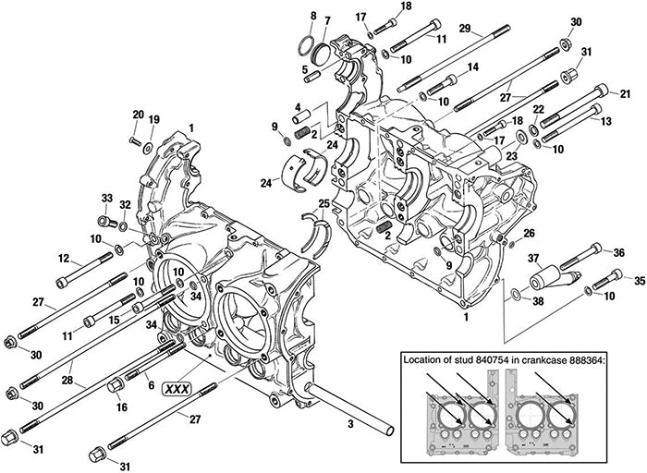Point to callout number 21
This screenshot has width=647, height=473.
pos(625,93)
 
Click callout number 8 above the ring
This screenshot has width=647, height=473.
pos(312,16)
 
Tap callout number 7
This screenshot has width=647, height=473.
pos(327,21)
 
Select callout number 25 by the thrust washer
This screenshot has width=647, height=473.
pos(323,203)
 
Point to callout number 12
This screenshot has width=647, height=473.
pos(64,258)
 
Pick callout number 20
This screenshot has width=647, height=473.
pos(138,115)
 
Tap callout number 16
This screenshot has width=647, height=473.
pos(122,406)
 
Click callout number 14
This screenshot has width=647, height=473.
pos(473,67)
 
